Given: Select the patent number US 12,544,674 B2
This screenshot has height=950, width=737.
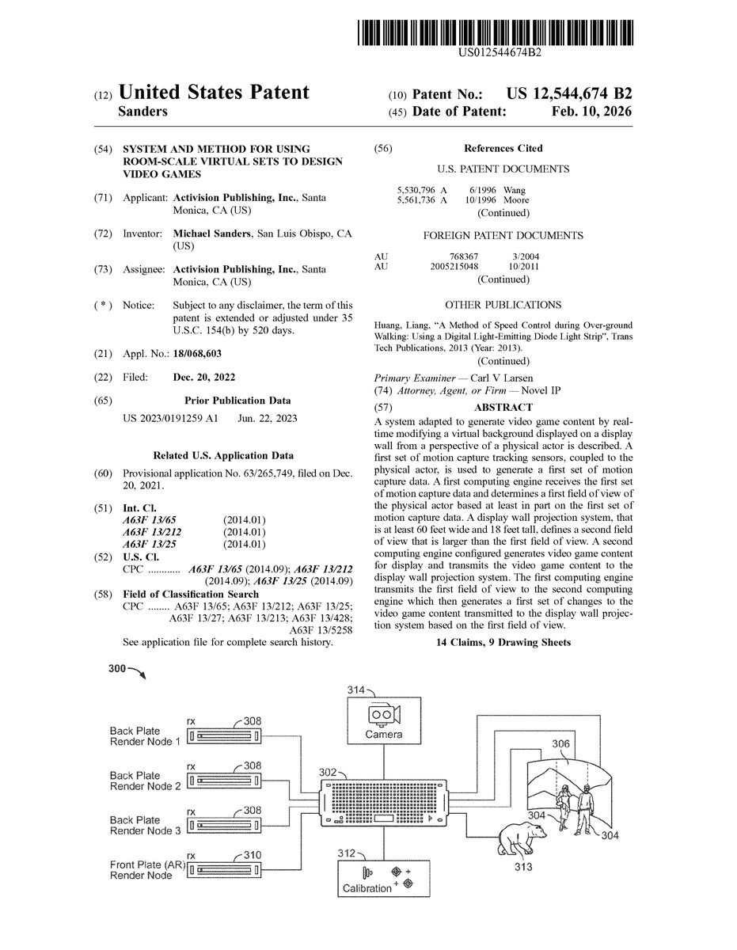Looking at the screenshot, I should (x=570, y=93).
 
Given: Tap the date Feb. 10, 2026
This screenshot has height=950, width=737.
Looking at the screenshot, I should (x=591, y=112).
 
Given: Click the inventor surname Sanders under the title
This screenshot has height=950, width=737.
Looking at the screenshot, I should (x=142, y=112).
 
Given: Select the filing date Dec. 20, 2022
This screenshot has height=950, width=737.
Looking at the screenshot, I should (x=203, y=377).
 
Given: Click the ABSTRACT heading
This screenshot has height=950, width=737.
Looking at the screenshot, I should (x=503, y=407).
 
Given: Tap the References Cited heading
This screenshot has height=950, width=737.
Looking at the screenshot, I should (x=503, y=148).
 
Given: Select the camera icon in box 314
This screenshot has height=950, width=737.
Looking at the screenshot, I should (x=383, y=715).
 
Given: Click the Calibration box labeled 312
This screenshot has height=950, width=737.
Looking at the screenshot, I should (x=383, y=877).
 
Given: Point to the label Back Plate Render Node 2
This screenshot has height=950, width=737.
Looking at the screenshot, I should (x=145, y=781).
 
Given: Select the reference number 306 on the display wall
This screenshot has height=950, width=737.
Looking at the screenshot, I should (x=560, y=743).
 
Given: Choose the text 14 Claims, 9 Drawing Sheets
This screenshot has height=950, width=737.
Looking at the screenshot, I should (x=503, y=642).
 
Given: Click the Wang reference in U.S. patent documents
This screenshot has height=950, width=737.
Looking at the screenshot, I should (x=515, y=190).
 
